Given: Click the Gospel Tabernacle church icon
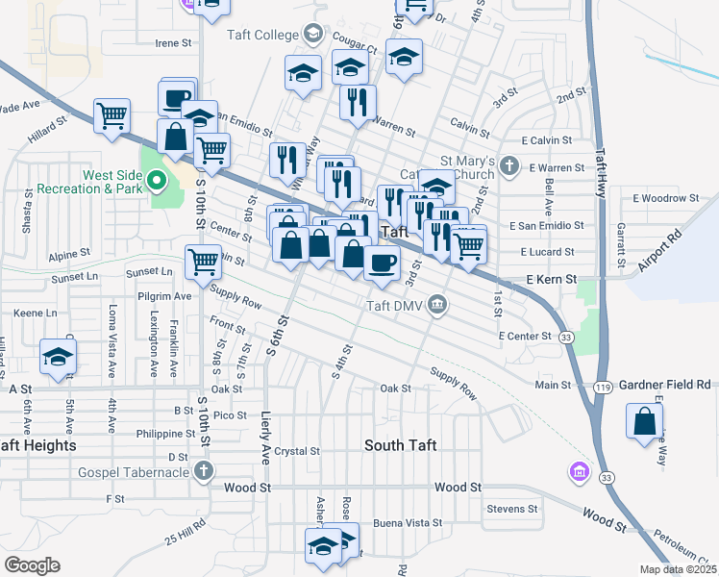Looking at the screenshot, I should click(x=203, y=470).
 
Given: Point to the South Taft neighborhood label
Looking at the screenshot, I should click(x=401, y=445).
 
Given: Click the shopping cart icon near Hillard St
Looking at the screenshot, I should click(x=112, y=117).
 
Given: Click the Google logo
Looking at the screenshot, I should click(x=32, y=564).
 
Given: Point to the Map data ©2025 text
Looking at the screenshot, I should click(x=677, y=569).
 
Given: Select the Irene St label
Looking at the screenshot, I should click(x=175, y=43).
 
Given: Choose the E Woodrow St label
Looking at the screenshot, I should click(x=666, y=198).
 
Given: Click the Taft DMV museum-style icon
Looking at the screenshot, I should click(x=438, y=306).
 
